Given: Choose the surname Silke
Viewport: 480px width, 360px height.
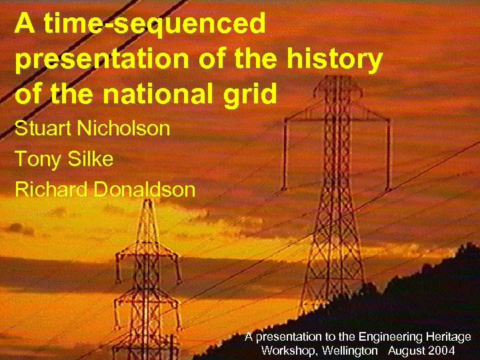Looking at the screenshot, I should (x=91, y=159).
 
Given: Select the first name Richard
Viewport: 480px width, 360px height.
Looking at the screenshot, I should (x=51, y=189).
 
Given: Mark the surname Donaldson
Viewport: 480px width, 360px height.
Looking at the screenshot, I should (x=145, y=189).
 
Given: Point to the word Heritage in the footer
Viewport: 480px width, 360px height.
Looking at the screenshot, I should (x=447, y=337).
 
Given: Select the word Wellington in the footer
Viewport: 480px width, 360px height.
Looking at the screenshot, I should (x=348, y=351).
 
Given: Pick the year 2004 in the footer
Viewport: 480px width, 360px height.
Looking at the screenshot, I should (x=443, y=351).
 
